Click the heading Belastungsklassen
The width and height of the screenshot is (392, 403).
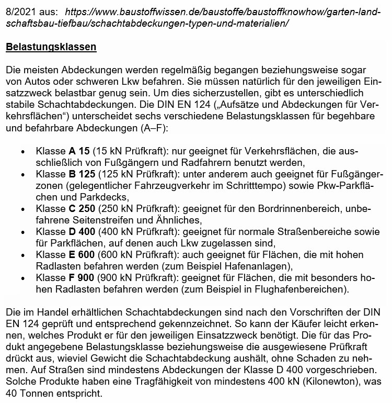click(51, 47)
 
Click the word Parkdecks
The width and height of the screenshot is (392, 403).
click(103, 197)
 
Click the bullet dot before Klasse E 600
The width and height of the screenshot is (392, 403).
click(22, 255)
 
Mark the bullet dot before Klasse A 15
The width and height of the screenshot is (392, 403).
click(22, 152)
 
